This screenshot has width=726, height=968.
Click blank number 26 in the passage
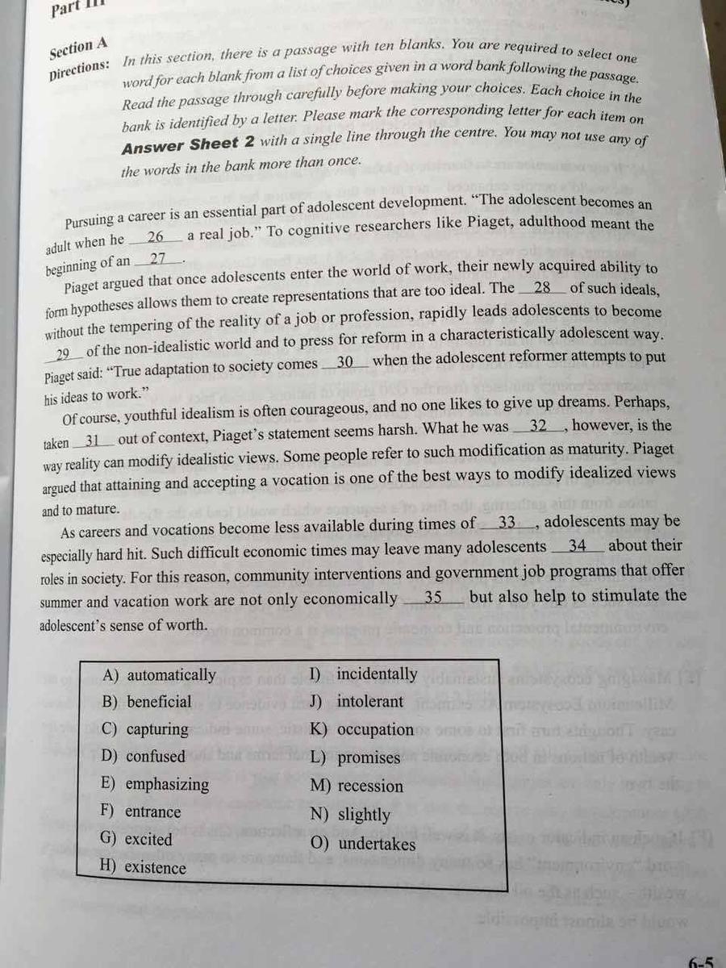(x=156, y=238)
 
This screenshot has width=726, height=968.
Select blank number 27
(x=158, y=260)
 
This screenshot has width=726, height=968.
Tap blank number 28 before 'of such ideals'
(x=543, y=288)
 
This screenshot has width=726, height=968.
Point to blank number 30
(x=346, y=363)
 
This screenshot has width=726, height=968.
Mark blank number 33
(x=507, y=523)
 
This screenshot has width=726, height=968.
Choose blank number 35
(x=433, y=598)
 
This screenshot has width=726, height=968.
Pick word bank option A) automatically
(x=160, y=675)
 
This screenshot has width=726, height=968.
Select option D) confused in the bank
(x=144, y=757)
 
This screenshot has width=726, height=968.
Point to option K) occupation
(x=361, y=730)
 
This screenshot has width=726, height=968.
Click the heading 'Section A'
(x=78, y=48)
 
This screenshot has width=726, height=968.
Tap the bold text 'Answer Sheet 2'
(x=181, y=144)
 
